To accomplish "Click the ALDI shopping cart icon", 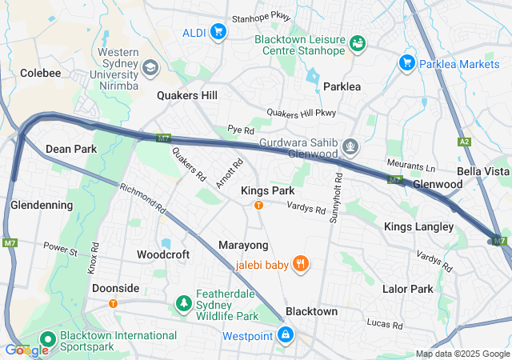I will click(x=218, y=32).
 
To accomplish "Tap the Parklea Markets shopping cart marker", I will click(x=406, y=62).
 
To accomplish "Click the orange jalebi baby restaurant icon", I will click(x=301, y=263).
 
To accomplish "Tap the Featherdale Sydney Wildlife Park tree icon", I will click(x=184, y=303).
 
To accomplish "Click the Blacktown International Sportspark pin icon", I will click(x=45, y=341).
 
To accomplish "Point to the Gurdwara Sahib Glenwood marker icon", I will click(x=350, y=147).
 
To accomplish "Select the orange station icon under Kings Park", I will click(x=258, y=206).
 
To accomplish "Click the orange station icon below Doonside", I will click(x=113, y=303).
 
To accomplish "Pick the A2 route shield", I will click(x=464, y=142).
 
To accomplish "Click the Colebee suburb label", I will click(x=41, y=73).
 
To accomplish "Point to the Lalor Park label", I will click(x=407, y=288).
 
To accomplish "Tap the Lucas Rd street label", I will click(x=386, y=323).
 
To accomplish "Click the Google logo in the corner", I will click(x=26, y=350).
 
